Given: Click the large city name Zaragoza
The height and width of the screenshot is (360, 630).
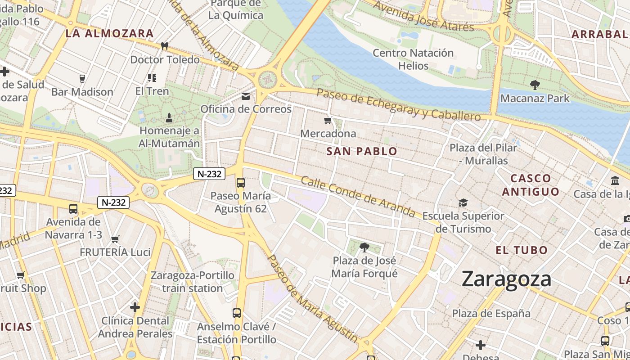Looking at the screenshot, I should click(506, 279).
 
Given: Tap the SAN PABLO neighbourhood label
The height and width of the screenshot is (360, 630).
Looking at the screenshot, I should click(362, 151).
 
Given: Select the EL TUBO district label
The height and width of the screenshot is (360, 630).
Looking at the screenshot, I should click(522, 250).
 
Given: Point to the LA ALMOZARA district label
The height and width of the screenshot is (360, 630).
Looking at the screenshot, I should click(109, 33).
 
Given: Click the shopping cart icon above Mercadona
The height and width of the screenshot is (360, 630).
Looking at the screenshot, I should click(328, 120).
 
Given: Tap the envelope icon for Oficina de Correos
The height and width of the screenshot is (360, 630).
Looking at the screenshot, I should click(246, 96).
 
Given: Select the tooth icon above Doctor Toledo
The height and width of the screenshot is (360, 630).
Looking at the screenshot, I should click(165, 46).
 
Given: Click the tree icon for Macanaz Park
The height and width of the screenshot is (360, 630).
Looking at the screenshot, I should click(535, 85).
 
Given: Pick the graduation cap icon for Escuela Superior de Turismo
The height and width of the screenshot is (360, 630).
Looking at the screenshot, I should click(463, 202).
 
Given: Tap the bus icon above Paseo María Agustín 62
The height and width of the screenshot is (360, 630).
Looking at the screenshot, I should click(241, 182).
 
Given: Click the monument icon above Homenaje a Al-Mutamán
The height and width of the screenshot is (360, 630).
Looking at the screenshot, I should click(169, 118).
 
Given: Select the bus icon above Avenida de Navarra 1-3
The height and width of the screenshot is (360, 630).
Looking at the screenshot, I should click(73, 209).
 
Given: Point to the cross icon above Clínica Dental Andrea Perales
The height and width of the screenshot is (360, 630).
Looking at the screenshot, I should click(135, 307).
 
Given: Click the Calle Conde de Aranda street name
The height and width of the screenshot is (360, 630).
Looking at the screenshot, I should click(358, 196).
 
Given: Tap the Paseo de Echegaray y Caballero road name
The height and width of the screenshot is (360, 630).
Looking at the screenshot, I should click(399, 104).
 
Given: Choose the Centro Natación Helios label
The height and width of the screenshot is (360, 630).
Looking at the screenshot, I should click(413, 59).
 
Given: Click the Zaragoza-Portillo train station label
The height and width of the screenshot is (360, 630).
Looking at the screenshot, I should click(193, 282).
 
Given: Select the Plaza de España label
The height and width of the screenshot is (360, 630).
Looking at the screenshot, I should click(491, 313).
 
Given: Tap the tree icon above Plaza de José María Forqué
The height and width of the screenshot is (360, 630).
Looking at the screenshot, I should click(364, 247).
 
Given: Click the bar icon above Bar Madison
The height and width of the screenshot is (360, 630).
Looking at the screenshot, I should click(82, 79).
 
